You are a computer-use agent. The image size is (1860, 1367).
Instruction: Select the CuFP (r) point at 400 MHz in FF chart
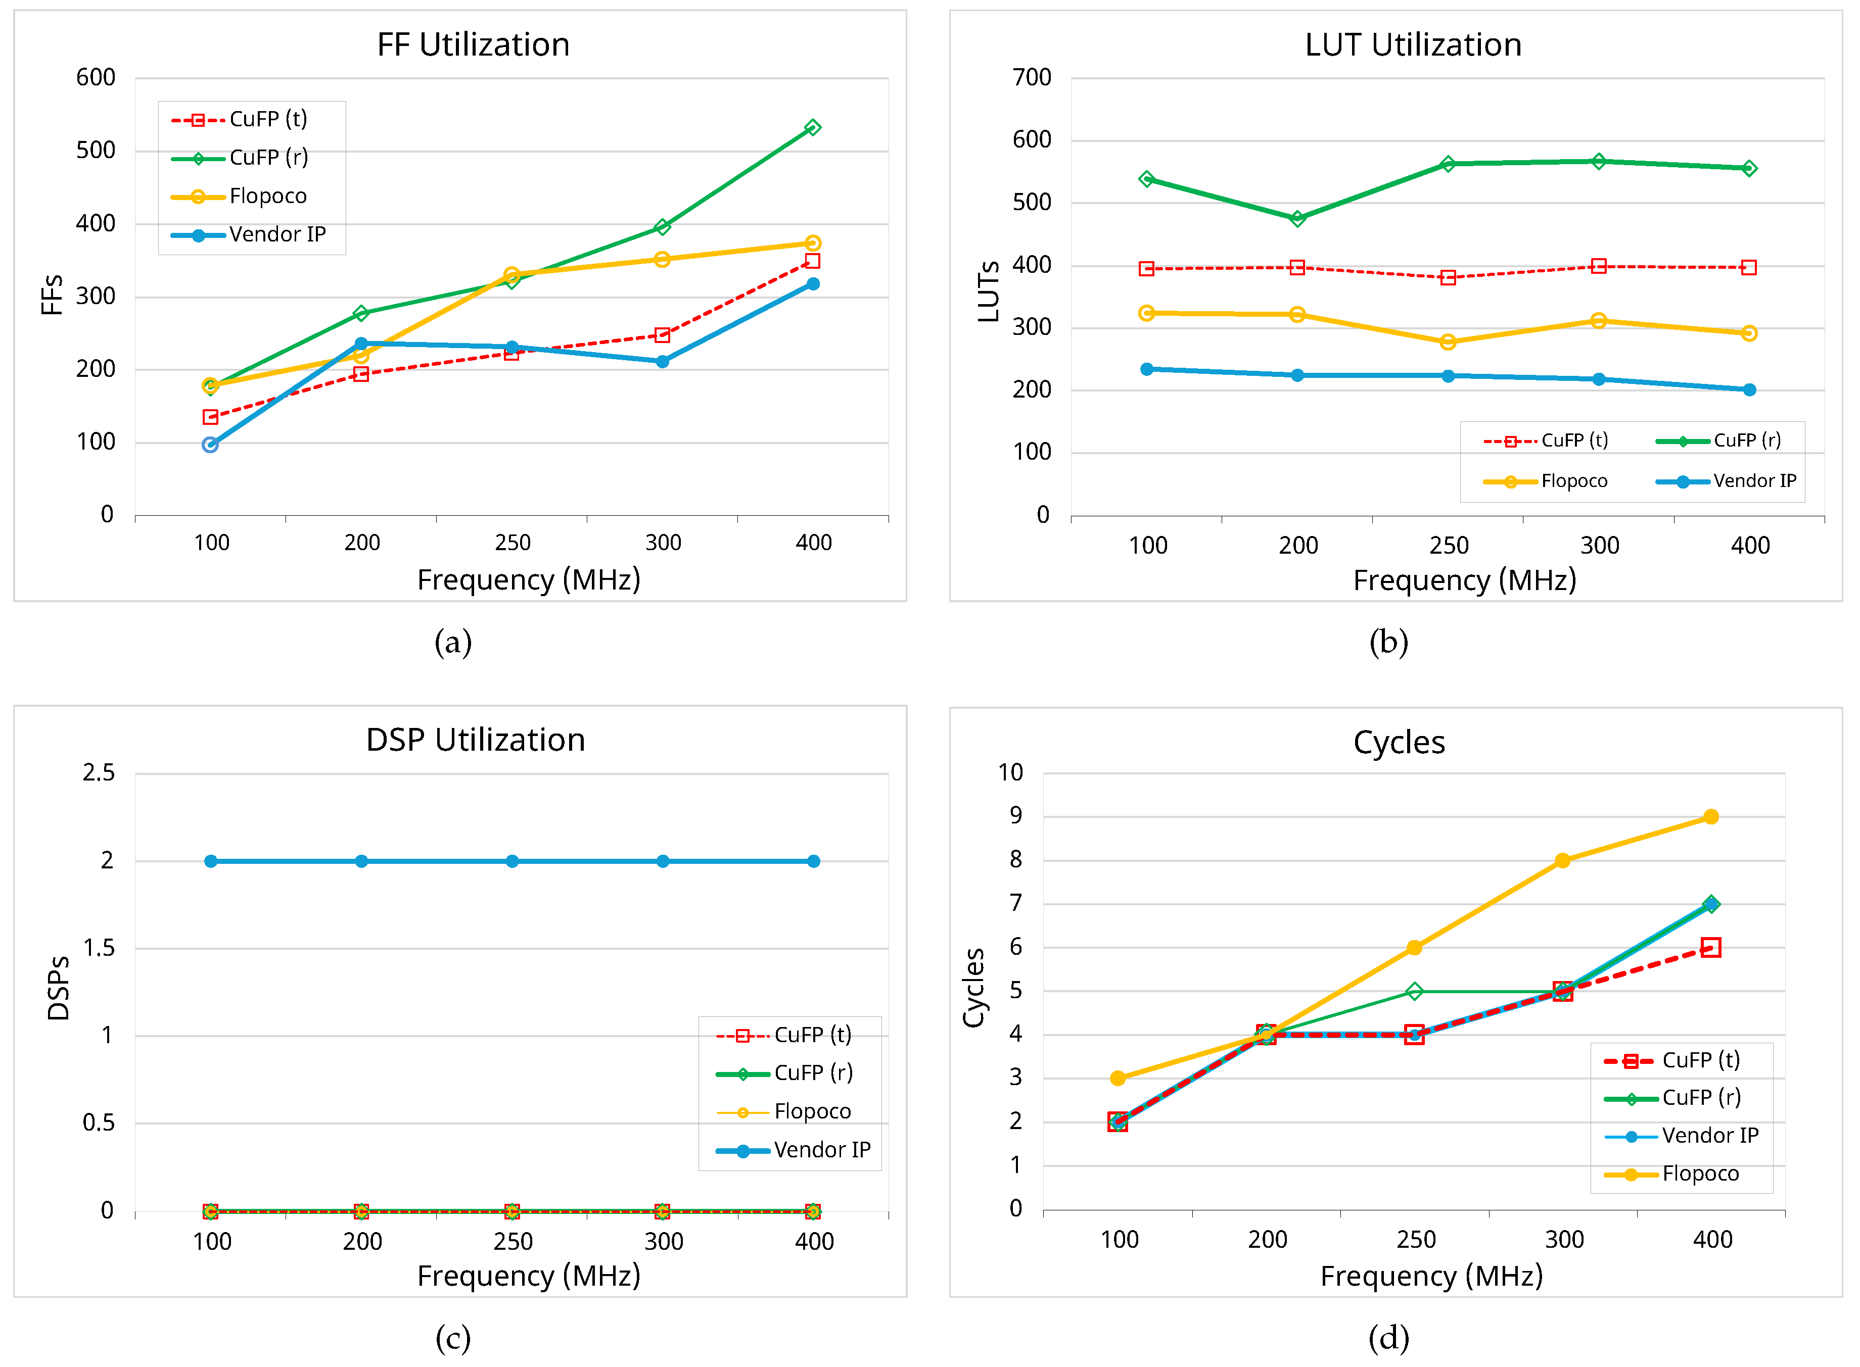point(812,127)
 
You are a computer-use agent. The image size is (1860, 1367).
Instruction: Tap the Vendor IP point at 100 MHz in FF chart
point(210,445)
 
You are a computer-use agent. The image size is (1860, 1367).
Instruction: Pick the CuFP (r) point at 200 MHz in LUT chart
point(1297,218)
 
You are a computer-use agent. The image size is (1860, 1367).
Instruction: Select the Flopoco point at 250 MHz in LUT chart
point(1447,341)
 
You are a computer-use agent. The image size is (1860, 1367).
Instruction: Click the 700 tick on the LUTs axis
point(1032,78)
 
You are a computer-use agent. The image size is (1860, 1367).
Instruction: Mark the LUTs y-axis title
point(988,291)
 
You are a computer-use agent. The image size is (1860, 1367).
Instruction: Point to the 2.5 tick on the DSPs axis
point(99,773)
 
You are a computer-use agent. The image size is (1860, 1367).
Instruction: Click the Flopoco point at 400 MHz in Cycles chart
point(1710,817)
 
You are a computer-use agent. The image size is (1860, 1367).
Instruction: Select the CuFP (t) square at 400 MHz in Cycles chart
point(1710,948)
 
